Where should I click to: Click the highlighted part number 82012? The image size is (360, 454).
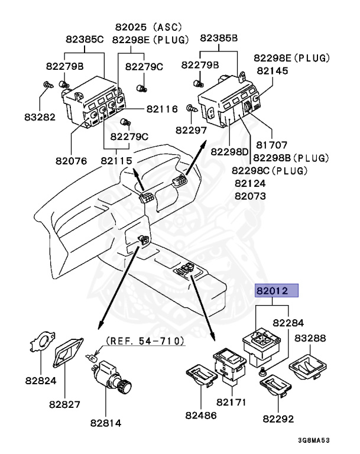tap(277, 291)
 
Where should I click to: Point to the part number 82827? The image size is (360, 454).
tap(64, 404)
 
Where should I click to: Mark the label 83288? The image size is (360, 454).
tap(312, 339)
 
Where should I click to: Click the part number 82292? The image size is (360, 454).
tap(278, 419)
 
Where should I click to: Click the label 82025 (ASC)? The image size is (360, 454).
tap(148, 27)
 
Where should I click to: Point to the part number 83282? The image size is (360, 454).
tap(40, 116)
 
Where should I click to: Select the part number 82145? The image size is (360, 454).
tap(271, 70)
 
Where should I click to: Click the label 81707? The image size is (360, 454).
tap(271, 145)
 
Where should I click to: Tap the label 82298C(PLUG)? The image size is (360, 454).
tap(271, 171)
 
